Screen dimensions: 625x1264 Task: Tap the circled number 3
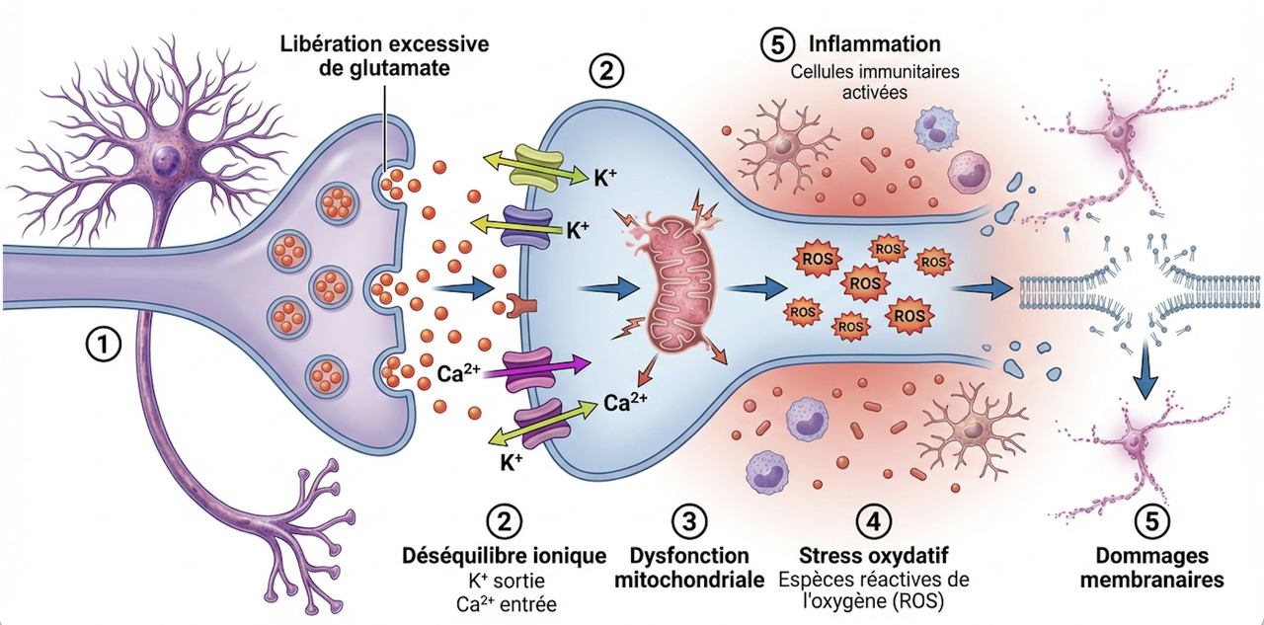689,519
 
